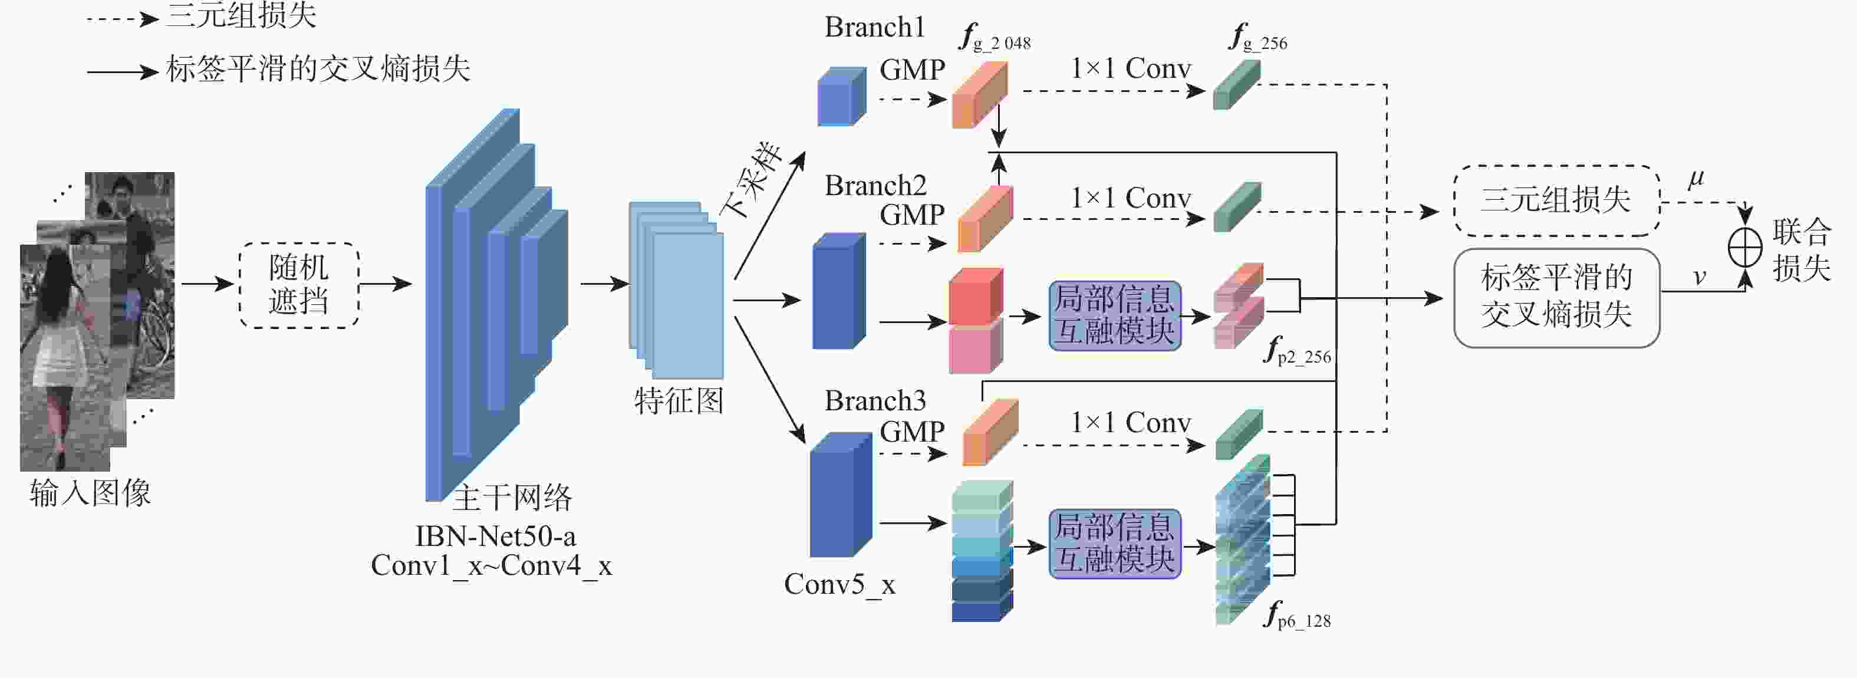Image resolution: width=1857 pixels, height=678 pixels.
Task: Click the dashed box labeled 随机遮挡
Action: (299, 285)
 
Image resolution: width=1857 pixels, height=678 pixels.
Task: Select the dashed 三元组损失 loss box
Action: (1556, 200)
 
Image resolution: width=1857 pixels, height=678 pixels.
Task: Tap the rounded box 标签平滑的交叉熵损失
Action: (1556, 297)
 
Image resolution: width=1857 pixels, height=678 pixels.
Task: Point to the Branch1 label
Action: (874, 27)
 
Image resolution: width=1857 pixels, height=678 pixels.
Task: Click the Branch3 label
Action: (874, 401)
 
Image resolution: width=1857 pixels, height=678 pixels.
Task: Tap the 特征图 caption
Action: (679, 401)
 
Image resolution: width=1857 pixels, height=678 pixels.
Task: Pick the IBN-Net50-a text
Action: (495, 537)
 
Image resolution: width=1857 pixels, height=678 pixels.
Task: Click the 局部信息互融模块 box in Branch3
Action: (1114, 544)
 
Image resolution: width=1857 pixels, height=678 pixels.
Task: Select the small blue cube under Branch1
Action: (841, 97)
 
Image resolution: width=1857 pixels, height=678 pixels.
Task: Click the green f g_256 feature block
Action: (1236, 85)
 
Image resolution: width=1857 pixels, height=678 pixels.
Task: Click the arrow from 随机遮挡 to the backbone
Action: (385, 284)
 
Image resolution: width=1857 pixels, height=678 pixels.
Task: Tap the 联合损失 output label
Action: (1802, 249)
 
